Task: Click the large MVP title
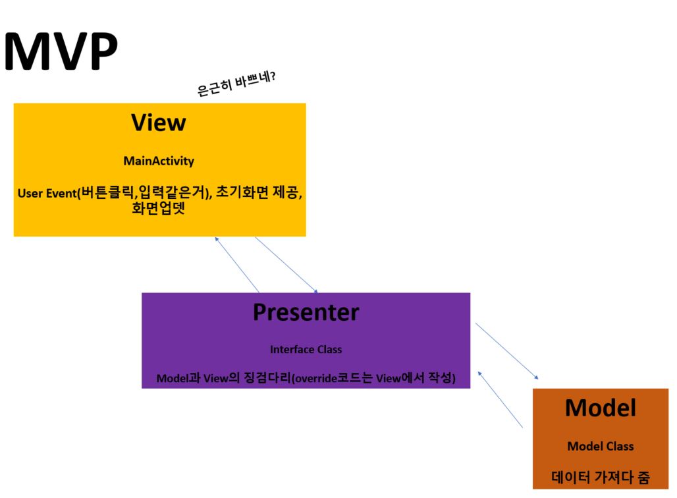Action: click(61, 52)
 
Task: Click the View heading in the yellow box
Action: click(159, 123)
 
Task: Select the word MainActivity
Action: click(159, 161)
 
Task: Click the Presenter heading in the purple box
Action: click(306, 312)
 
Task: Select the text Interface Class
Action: click(306, 349)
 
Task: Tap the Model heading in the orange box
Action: click(600, 408)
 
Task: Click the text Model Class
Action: click(600, 447)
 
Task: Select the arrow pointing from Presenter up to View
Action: click(236, 264)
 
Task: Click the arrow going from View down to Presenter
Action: click(286, 265)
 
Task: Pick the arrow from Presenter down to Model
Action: click(506, 350)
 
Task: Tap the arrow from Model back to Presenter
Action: click(500, 399)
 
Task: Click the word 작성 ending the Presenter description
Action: click(441, 379)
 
